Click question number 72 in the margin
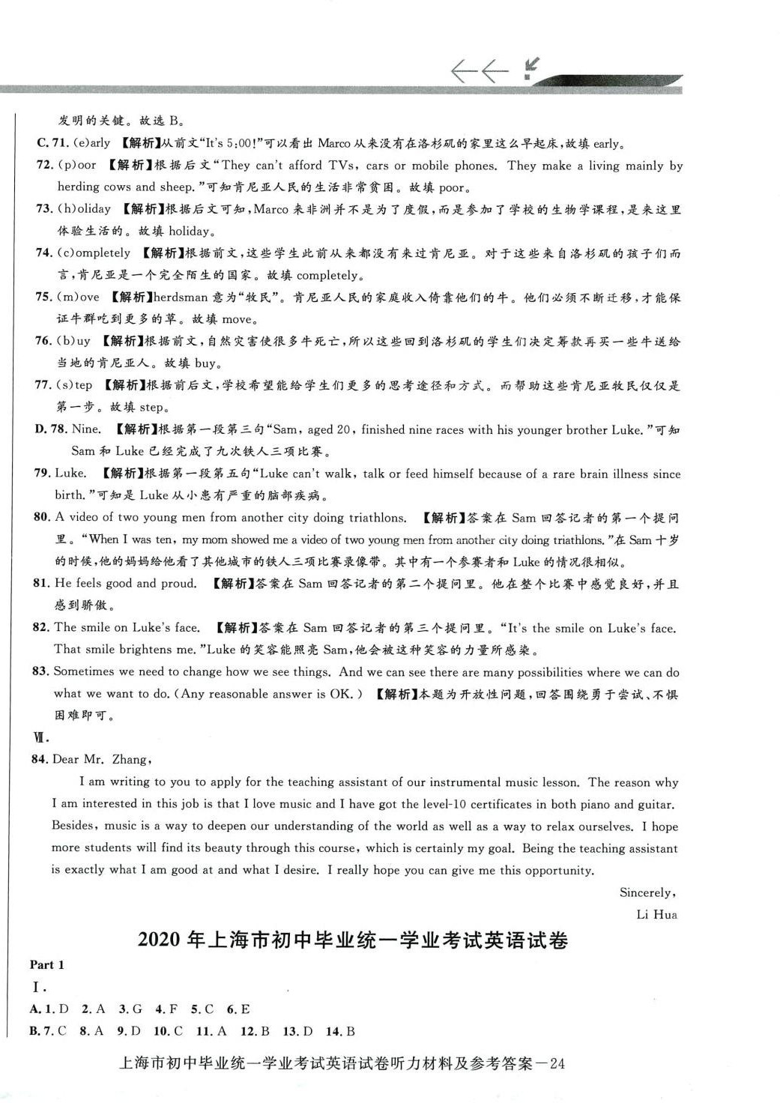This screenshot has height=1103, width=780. [x=44, y=165]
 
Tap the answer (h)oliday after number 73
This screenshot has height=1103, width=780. [x=84, y=209]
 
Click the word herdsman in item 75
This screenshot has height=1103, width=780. [x=181, y=297]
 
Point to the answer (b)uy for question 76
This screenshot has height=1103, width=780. [x=73, y=341]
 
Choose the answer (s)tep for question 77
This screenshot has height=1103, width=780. [x=74, y=385]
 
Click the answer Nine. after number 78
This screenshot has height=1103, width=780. [x=86, y=429]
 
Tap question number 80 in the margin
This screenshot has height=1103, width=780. [x=42, y=517]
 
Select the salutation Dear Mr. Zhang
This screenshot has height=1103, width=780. [x=102, y=760]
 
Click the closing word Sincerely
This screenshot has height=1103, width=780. [x=647, y=892]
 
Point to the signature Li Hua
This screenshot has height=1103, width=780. [x=656, y=914]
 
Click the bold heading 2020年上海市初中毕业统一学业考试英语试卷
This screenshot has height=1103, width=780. [x=353, y=940]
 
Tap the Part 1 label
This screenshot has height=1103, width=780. [x=47, y=965]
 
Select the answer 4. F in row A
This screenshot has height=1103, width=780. [x=166, y=1009]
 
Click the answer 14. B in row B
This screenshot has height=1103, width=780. [x=340, y=1032]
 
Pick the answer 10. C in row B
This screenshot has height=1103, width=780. [x=169, y=1032]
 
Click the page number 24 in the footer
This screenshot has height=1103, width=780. [x=557, y=1064]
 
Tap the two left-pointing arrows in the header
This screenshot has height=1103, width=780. [x=479, y=71]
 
